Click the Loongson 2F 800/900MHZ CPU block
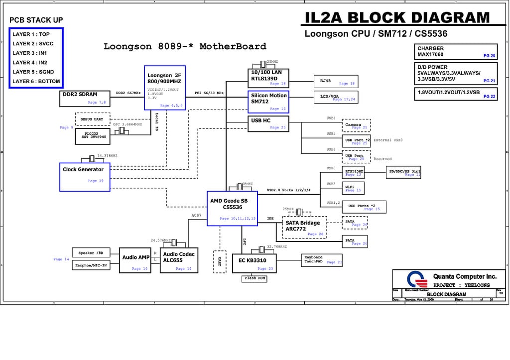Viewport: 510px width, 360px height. [x=164, y=87]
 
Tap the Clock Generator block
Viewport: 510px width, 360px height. [x=85, y=177]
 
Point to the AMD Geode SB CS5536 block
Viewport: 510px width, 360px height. [x=232, y=208]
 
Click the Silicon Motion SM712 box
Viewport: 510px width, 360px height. [x=268, y=102]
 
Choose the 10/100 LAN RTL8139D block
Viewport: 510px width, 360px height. [x=268, y=78]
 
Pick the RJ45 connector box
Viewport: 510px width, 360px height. [x=335, y=81]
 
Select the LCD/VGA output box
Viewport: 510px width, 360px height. [x=335, y=97]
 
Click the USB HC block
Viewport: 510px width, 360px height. [x=268, y=123]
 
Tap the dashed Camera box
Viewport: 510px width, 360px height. [x=356, y=125]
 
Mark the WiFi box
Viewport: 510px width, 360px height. [x=353, y=188]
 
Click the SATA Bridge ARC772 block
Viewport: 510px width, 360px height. [x=304, y=227]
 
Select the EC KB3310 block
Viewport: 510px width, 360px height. [x=254, y=263]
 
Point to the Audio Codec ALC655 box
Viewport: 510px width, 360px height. [x=179, y=260]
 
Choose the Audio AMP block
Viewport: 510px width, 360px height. [x=135, y=260]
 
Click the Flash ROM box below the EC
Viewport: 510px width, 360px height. [x=254, y=279]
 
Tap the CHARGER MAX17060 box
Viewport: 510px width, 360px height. [x=456, y=52]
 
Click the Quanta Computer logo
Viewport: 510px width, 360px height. [x=417, y=280]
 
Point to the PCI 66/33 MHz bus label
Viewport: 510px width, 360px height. [x=209, y=93]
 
